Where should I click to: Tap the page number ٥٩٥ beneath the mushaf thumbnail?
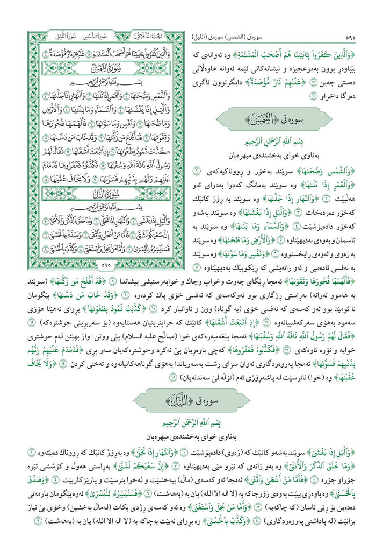[105, 265]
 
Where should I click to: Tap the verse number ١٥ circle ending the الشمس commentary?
[172, 378]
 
